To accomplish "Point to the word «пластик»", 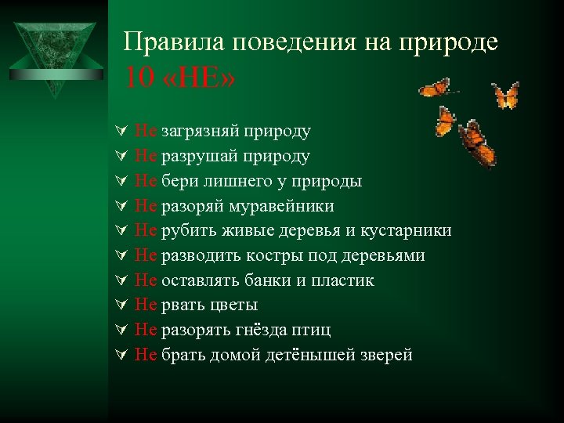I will click(342, 280).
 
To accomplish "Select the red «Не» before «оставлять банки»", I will click(146, 280).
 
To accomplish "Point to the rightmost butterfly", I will click(505, 96).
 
